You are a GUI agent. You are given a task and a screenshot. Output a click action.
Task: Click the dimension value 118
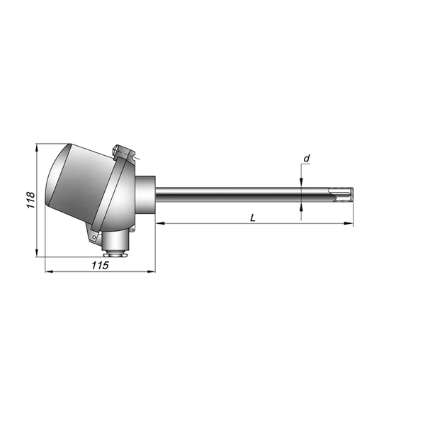point(30,200)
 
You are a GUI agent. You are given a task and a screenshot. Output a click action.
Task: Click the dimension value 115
point(100,266)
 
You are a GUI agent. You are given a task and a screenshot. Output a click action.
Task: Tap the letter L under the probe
point(253,217)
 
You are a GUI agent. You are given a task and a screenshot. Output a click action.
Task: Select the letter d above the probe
point(307,158)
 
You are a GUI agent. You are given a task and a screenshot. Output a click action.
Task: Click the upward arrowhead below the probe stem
point(301,208)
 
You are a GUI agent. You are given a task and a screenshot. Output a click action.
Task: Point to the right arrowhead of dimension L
point(348,223)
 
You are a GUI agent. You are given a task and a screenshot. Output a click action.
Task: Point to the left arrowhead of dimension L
point(161,223)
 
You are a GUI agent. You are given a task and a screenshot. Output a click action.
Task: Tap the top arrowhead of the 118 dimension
point(37,148)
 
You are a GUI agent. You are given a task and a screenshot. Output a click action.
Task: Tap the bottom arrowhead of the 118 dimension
point(37,252)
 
